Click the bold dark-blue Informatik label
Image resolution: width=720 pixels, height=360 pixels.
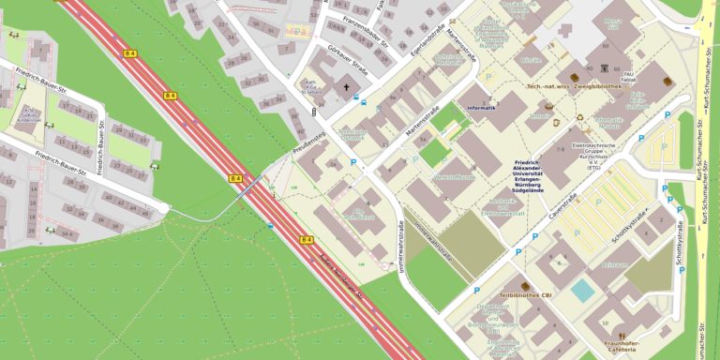pyautogui.click(x=481, y=108)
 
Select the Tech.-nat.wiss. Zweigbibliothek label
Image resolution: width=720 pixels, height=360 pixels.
pyautogui.click(x=575, y=86)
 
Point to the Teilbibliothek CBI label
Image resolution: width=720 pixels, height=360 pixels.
pyautogui.click(x=526, y=296)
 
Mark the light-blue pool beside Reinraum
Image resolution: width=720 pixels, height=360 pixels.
pyautogui.click(x=583, y=290)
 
